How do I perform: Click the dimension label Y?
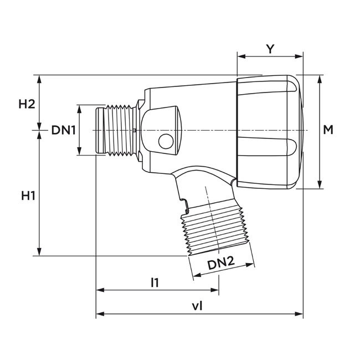(x=270, y=49)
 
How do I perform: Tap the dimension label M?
(x=328, y=130)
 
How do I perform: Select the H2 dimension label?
(x=27, y=104)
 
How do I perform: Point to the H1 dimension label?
(x=28, y=196)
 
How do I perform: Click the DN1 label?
(x=63, y=130)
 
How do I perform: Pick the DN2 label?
(x=220, y=265)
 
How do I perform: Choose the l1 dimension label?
(x=155, y=282)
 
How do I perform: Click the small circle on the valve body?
(x=165, y=142)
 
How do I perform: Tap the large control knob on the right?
(x=269, y=132)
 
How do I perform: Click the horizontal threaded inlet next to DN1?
(x=118, y=130)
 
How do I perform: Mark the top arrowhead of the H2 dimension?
(x=40, y=78)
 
